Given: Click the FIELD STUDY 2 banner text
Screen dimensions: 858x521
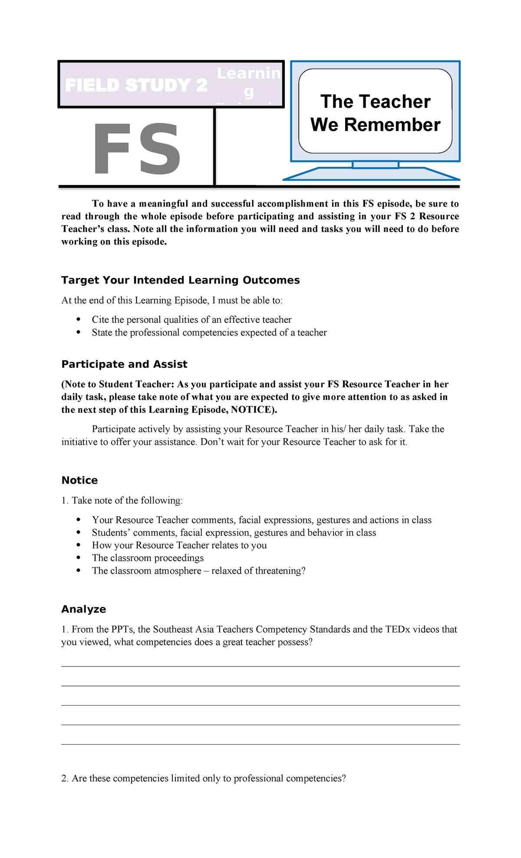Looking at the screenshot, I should click(136, 86).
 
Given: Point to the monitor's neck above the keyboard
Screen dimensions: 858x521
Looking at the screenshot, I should click(375, 165).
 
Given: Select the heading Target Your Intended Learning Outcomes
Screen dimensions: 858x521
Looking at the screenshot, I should click(180, 280).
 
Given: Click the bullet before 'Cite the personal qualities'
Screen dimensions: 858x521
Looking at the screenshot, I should click(79, 320).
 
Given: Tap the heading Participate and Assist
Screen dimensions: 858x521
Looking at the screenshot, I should click(124, 364).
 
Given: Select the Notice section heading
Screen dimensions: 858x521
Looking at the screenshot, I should click(79, 480).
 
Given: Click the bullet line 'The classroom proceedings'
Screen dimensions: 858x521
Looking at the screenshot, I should click(148, 558).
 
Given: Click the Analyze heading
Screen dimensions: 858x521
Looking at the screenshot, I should click(83, 609).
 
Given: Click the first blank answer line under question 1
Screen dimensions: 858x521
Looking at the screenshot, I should click(260, 666).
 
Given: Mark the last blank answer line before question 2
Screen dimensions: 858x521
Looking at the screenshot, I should click(260, 744).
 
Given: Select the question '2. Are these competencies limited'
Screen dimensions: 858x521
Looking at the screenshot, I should click(203, 778).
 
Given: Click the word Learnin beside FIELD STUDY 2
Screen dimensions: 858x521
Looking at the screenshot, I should click(249, 73).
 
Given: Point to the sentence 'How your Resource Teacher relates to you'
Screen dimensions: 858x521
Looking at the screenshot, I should click(179, 545).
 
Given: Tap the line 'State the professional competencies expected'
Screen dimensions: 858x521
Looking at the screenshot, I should click(209, 333).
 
